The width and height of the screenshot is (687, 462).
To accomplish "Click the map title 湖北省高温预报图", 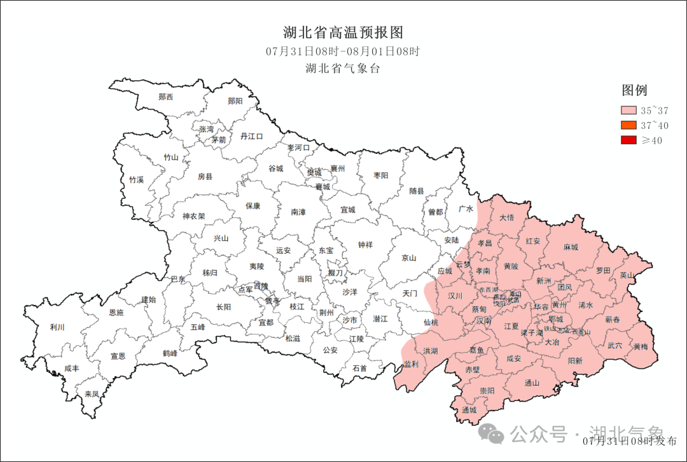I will coord(343,32).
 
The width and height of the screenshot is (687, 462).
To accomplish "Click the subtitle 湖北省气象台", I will coord(343,69).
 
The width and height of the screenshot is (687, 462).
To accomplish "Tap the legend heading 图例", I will coord(634,90).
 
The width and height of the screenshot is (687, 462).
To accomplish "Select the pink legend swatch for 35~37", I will coord(629,111).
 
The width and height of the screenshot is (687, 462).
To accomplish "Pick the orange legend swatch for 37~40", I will coord(629,125).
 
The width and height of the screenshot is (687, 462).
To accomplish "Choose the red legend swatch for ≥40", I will coord(629,140).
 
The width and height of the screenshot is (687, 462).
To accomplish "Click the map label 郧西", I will coord(166,97).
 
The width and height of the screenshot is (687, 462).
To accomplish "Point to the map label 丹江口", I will coord(251,136).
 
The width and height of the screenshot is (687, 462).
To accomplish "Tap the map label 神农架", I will coord(193,216).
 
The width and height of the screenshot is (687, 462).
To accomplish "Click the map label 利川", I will coord(57,327).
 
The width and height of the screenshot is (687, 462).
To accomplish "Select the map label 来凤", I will coord(92,394).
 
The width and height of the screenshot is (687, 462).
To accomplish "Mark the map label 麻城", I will coord(571,247).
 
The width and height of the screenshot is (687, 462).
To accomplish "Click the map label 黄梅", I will coord(641,347).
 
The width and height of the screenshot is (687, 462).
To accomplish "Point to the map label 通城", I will coord(469,410).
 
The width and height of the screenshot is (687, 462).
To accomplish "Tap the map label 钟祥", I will coord(365,245).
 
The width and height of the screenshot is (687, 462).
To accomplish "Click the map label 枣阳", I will coord(381,175).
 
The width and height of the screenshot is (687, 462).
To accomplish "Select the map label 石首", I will coord(359,368).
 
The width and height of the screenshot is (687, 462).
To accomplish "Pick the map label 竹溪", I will coord(137,180).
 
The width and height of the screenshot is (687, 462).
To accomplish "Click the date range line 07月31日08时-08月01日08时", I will coord(343,51).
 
